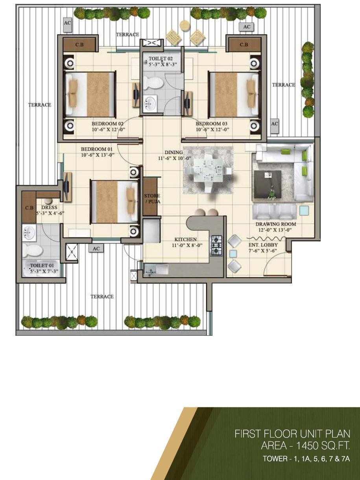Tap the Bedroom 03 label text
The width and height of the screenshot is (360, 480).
(211, 123)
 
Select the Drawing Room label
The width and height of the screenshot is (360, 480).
(276, 224)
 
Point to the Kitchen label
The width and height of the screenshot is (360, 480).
(185, 239)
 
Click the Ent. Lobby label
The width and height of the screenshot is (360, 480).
(263, 245)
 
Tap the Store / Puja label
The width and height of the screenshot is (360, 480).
(152, 199)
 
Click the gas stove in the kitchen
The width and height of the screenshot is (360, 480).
(216, 246)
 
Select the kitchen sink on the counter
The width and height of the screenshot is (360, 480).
(156, 269)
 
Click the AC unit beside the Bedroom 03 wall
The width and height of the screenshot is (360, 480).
(275, 126)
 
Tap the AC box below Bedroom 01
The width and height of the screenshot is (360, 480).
(96, 248)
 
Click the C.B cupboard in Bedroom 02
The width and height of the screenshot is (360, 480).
(79, 44)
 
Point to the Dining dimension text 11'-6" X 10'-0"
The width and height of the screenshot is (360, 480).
(175, 158)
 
